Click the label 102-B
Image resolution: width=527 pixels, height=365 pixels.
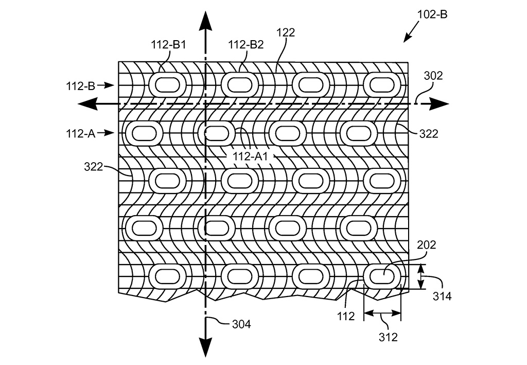pyautogui.click(x=432, y=14)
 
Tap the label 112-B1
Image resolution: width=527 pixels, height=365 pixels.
pyautogui.click(x=168, y=44)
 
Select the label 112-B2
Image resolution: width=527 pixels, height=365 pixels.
pyautogui.click(x=246, y=44)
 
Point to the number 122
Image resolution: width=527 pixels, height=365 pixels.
pyautogui.click(x=286, y=32)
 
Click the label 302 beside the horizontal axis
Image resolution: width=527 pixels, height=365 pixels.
pyautogui.click(x=433, y=76)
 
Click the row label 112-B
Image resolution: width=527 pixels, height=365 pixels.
pyautogui.click(x=81, y=86)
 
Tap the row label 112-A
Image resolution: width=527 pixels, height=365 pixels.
pyautogui.click(x=81, y=134)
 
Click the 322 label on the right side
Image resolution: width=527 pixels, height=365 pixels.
pyautogui.click(x=429, y=134)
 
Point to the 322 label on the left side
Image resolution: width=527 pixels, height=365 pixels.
pyautogui.click(x=94, y=166)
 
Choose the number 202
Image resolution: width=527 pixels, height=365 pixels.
pyautogui.click(x=427, y=245)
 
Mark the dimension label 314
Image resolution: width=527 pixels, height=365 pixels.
pyautogui.click(x=442, y=296)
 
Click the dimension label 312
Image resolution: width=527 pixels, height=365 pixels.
pyautogui.click(x=388, y=337)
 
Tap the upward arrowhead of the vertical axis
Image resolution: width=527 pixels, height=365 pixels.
pyautogui.click(x=205, y=20)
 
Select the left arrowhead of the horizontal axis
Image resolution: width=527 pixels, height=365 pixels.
pyautogui.click(x=87, y=104)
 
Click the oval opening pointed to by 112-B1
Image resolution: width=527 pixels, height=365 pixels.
pyautogui.click(x=168, y=85)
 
